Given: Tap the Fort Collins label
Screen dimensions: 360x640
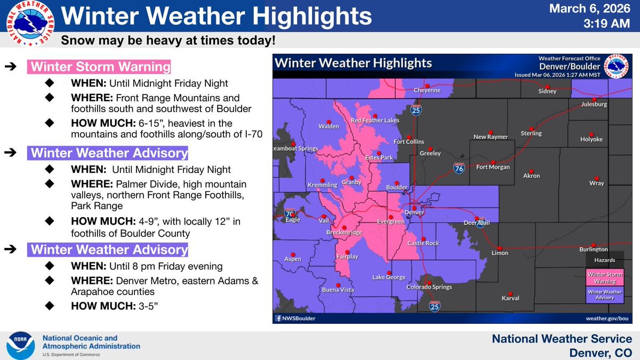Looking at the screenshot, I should (409, 142).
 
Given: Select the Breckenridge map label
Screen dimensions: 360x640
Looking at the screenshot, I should (344, 233).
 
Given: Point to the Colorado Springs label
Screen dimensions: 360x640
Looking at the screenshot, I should (429, 287).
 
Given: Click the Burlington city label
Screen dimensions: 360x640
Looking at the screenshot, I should (594, 250).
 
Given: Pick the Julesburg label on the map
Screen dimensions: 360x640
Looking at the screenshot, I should (594, 105).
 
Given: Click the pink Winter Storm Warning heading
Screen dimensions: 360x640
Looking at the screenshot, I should (100, 68).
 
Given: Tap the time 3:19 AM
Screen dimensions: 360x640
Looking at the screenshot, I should (608, 25).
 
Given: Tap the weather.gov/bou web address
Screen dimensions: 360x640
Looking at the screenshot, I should (607, 318).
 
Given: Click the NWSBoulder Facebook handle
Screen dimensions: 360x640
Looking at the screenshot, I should (295, 318).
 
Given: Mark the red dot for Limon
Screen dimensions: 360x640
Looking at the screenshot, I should (500, 248).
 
